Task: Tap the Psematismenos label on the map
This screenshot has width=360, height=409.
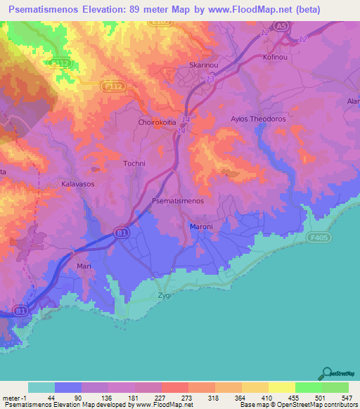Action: (x=178, y=201)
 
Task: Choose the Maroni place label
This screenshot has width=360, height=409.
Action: (x=201, y=226)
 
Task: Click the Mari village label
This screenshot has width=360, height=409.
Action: (x=84, y=267)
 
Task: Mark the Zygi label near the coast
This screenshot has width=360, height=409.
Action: (x=165, y=295)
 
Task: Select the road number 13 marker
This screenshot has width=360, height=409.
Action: (x=210, y=79)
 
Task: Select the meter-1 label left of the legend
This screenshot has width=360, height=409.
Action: (x=13, y=397)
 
